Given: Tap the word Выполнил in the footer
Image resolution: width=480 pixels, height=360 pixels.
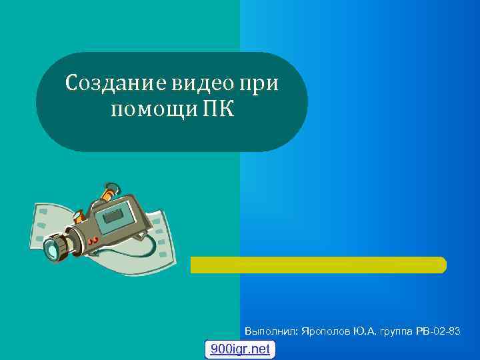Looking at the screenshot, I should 271,331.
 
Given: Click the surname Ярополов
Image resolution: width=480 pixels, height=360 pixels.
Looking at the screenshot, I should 327,331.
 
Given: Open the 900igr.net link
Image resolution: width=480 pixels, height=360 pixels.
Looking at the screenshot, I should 240,349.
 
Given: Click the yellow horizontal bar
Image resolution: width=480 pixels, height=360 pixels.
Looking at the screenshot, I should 318,265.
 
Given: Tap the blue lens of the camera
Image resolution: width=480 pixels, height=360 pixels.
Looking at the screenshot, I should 53,250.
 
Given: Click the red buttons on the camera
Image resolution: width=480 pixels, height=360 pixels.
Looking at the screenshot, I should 94,238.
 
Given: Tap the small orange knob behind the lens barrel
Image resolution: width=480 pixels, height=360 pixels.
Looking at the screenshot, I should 78,217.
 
